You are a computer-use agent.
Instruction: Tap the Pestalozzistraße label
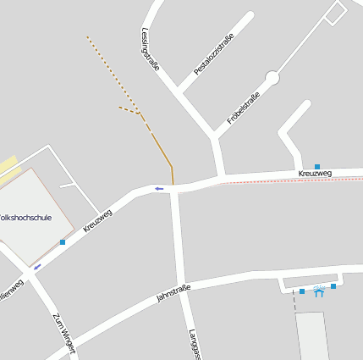(213, 54)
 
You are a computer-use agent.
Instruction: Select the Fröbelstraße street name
(243, 108)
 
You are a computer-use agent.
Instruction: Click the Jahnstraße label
(173, 294)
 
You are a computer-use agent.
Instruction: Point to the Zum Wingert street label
(63, 334)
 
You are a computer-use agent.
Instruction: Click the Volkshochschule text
(25, 218)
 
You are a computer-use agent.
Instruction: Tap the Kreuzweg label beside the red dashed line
(315, 174)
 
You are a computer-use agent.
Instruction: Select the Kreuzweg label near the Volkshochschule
(98, 220)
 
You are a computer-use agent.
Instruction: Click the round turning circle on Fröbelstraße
(272, 78)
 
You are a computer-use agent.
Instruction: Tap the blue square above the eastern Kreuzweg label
(317, 166)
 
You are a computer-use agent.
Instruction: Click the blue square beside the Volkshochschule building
(63, 242)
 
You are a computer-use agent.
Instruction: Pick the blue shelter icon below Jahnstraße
(319, 292)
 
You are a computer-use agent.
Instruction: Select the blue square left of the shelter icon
(302, 291)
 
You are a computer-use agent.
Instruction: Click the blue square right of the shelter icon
(333, 286)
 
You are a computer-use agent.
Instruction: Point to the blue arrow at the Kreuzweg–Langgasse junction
(158, 188)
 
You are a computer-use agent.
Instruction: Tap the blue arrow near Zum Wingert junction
(37, 266)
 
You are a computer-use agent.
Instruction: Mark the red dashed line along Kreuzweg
(288, 180)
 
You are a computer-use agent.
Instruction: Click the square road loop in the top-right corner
(336, 12)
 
